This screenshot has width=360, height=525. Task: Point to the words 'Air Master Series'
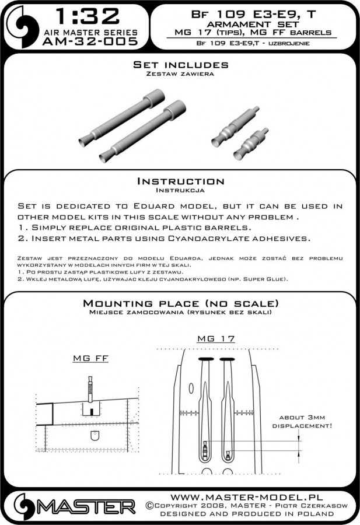87,32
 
